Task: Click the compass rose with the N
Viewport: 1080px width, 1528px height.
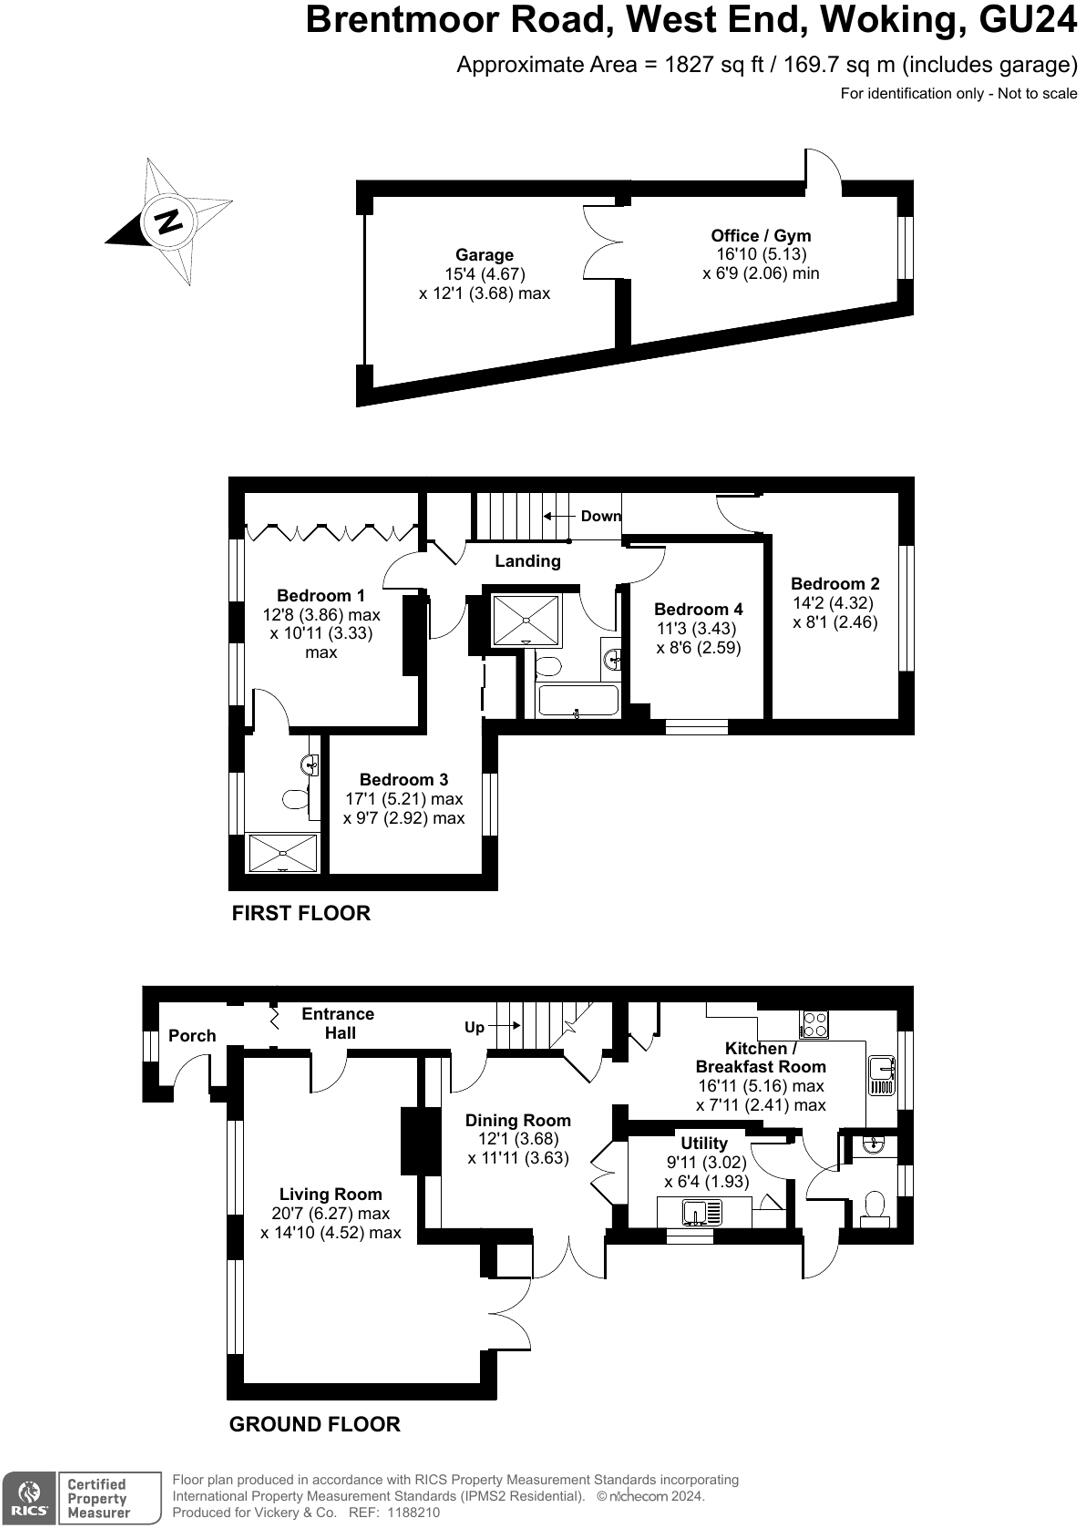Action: [x=169, y=221]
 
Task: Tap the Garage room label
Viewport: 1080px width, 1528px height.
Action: [x=484, y=255]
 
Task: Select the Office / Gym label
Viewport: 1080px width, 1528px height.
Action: [x=760, y=236]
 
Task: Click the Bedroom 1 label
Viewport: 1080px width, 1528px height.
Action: [x=321, y=596]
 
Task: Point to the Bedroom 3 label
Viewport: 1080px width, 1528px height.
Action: [x=404, y=780]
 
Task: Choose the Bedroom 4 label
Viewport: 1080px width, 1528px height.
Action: [x=698, y=609]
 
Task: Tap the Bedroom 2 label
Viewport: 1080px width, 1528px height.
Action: [x=835, y=584]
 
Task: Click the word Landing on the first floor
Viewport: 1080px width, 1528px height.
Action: [x=527, y=561]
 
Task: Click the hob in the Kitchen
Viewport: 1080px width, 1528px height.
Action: [x=814, y=1024]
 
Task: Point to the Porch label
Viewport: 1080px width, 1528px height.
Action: [x=192, y=1036]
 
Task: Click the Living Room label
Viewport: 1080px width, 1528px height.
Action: [x=330, y=1194]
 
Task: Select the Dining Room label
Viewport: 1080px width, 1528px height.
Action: [x=518, y=1121]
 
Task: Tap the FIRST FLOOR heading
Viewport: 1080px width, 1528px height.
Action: [x=301, y=913]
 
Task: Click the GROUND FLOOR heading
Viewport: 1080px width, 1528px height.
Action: [x=315, y=1424]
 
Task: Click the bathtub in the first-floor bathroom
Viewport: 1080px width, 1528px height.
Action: [x=578, y=700]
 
